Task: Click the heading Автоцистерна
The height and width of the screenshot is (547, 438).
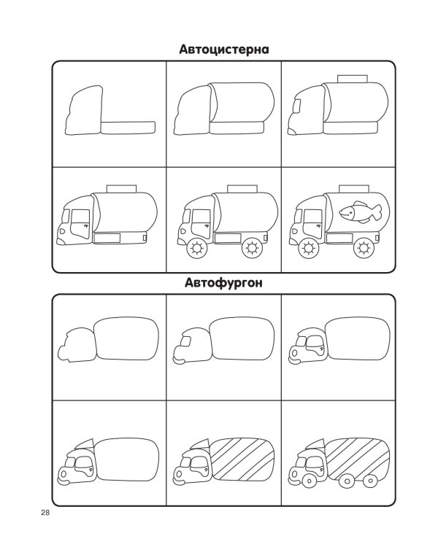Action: coord(224,50)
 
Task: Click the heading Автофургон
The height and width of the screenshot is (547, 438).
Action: coord(223,282)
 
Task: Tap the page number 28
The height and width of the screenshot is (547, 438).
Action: coord(45,513)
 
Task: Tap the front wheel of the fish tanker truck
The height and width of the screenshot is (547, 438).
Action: coord(308,249)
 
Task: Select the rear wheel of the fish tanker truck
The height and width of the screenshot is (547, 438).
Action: coord(364,249)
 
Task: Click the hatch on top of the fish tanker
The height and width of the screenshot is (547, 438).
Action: coord(354,189)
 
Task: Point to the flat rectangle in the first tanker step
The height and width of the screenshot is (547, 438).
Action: coord(128,128)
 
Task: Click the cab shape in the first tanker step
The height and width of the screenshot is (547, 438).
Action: coord(84,110)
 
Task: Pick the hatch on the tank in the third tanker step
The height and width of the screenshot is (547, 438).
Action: coord(353,79)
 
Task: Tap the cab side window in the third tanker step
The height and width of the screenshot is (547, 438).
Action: coord(297,106)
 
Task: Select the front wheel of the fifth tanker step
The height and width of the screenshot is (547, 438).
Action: coord(197,249)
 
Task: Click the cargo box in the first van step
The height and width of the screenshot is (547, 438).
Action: coord(126,338)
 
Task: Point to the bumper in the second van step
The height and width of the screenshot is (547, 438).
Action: coord(178,361)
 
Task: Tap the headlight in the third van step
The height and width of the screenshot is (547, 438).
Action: coord(294,353)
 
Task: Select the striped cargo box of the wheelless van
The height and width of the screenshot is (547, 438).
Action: coord(242,458)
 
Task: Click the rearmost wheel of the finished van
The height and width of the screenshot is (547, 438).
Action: coord(369,481)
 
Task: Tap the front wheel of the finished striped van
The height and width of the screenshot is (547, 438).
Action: coord(309,481)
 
